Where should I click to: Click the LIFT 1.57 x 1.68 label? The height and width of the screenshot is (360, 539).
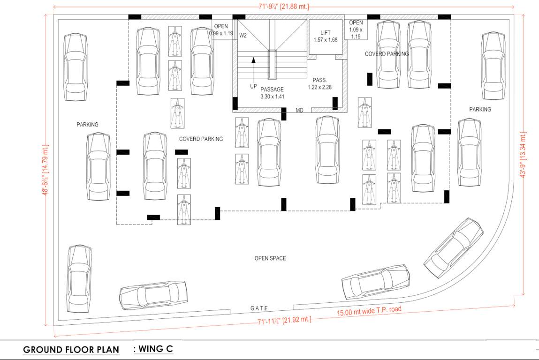coord(326,36)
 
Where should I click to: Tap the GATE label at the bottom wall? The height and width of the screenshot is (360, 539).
coord(259,308)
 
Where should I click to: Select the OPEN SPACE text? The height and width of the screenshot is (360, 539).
coord(270,258)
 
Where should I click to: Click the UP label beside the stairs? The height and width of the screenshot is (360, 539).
coord(253,87)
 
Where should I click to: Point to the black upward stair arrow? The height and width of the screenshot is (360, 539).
coord(253,60)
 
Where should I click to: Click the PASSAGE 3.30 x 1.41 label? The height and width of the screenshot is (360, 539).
coord(272,93)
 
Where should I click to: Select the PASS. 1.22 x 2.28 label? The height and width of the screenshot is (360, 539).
coord(319,83)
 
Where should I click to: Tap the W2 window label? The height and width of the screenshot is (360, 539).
coord(243,36)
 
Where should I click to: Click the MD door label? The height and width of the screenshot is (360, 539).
coord(299,111)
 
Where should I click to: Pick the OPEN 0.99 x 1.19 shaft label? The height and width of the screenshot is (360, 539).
coord(221,30)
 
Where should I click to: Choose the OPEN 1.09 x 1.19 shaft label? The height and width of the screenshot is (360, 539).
coord(356,29)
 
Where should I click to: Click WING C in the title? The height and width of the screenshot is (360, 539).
coord(153,349)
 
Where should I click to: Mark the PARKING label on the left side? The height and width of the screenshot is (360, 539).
coord(88,125)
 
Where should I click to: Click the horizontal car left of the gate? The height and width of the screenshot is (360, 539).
coord(154,295)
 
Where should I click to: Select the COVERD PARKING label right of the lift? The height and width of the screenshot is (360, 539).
coord(387,54)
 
